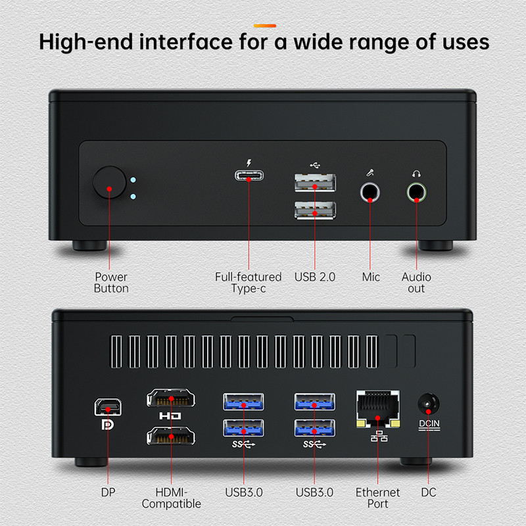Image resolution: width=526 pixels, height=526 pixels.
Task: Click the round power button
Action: (109, 182)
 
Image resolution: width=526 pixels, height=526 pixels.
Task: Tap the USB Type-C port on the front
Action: (249, 176)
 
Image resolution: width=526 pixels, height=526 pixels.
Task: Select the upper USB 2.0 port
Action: (315, 183)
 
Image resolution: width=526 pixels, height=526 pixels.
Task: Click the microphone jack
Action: (370, 192)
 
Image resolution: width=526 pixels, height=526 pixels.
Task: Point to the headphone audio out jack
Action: (416, 192)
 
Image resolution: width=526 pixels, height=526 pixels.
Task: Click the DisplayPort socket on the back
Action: (108, 407)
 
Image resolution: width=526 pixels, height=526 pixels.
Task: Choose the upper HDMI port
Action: (171, 398)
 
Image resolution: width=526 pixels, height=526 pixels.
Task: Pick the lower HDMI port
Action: (171, 436)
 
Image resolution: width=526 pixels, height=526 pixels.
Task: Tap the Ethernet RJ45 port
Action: (377, 408)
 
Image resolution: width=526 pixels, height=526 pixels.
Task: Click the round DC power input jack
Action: (429, 404)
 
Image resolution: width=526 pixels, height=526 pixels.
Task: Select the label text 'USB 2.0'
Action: (315, 277)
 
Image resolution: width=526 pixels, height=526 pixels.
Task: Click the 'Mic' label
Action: (371, 277)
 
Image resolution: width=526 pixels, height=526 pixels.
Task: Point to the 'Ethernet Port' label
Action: (377, 498)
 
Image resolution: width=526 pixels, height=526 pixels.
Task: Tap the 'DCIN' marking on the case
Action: (429, 423)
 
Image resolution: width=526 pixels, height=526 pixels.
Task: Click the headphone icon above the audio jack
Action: (416, 174)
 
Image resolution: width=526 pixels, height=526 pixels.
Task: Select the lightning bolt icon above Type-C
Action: (249, 163)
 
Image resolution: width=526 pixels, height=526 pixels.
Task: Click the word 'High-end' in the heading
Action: (86, 42)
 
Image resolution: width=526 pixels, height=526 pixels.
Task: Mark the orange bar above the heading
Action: (265, 26)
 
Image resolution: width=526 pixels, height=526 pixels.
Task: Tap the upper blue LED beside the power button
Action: (133, 180)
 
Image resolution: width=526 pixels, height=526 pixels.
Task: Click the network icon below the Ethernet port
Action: (379, 436)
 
